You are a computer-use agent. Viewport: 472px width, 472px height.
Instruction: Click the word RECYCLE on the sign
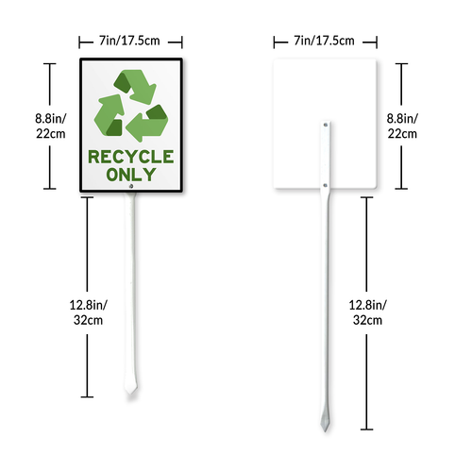point(131,157)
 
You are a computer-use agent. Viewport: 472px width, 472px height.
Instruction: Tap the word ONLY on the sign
point(131,175)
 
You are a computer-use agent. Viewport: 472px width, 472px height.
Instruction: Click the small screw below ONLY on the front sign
point(131,186)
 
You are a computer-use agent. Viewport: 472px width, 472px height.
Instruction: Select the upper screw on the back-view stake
point(326,125)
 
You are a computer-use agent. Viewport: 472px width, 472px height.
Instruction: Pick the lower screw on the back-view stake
point(326,185)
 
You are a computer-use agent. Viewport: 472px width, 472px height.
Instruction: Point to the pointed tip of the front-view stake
point(130,394)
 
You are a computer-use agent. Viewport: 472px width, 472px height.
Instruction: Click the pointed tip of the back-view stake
point(325,430)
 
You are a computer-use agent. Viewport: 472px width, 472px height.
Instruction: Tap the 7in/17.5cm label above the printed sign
point(129,41)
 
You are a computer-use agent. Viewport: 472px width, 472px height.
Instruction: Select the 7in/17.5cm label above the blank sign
point(325,41)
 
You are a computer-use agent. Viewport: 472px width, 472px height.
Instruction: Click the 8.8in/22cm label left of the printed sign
point(50,126)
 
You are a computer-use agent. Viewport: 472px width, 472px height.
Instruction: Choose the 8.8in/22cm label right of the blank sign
point(402,126)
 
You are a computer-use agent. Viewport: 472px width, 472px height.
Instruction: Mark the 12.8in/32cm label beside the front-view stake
point(88,312)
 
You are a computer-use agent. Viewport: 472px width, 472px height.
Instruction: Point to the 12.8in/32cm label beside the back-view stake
point(367,312)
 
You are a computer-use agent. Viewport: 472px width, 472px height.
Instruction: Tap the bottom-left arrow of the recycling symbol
point(110,116)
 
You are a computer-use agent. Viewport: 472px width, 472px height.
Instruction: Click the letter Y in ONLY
point(149,175)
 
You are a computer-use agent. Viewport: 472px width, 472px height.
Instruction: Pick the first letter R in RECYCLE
point(93,157)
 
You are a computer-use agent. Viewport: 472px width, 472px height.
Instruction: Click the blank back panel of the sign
point(325,92)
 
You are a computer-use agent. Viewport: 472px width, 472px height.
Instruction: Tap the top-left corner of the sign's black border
point(80,59)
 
